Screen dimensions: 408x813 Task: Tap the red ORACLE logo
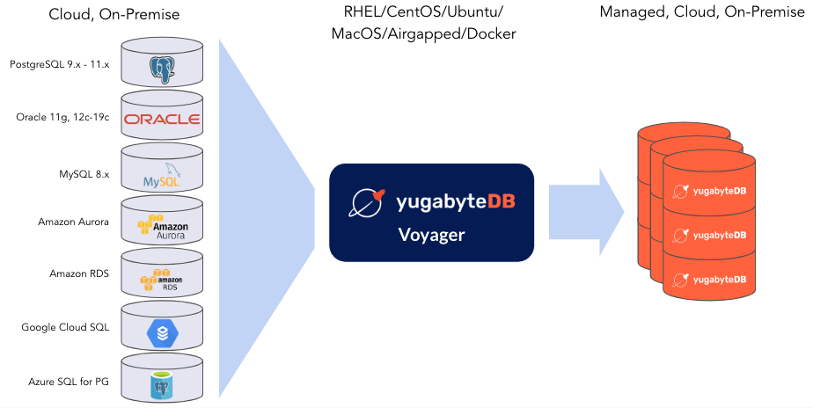click(161, 119)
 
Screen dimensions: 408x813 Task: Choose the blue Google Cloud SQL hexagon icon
click(161, 331)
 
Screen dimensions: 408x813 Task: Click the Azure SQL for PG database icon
click(161, 383)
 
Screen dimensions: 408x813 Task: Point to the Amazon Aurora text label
click(73, 222)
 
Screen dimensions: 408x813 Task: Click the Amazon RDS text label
click(78, 273)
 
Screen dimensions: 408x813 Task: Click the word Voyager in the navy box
click(430, 236)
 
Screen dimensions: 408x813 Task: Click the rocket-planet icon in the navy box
click(367, 202)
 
